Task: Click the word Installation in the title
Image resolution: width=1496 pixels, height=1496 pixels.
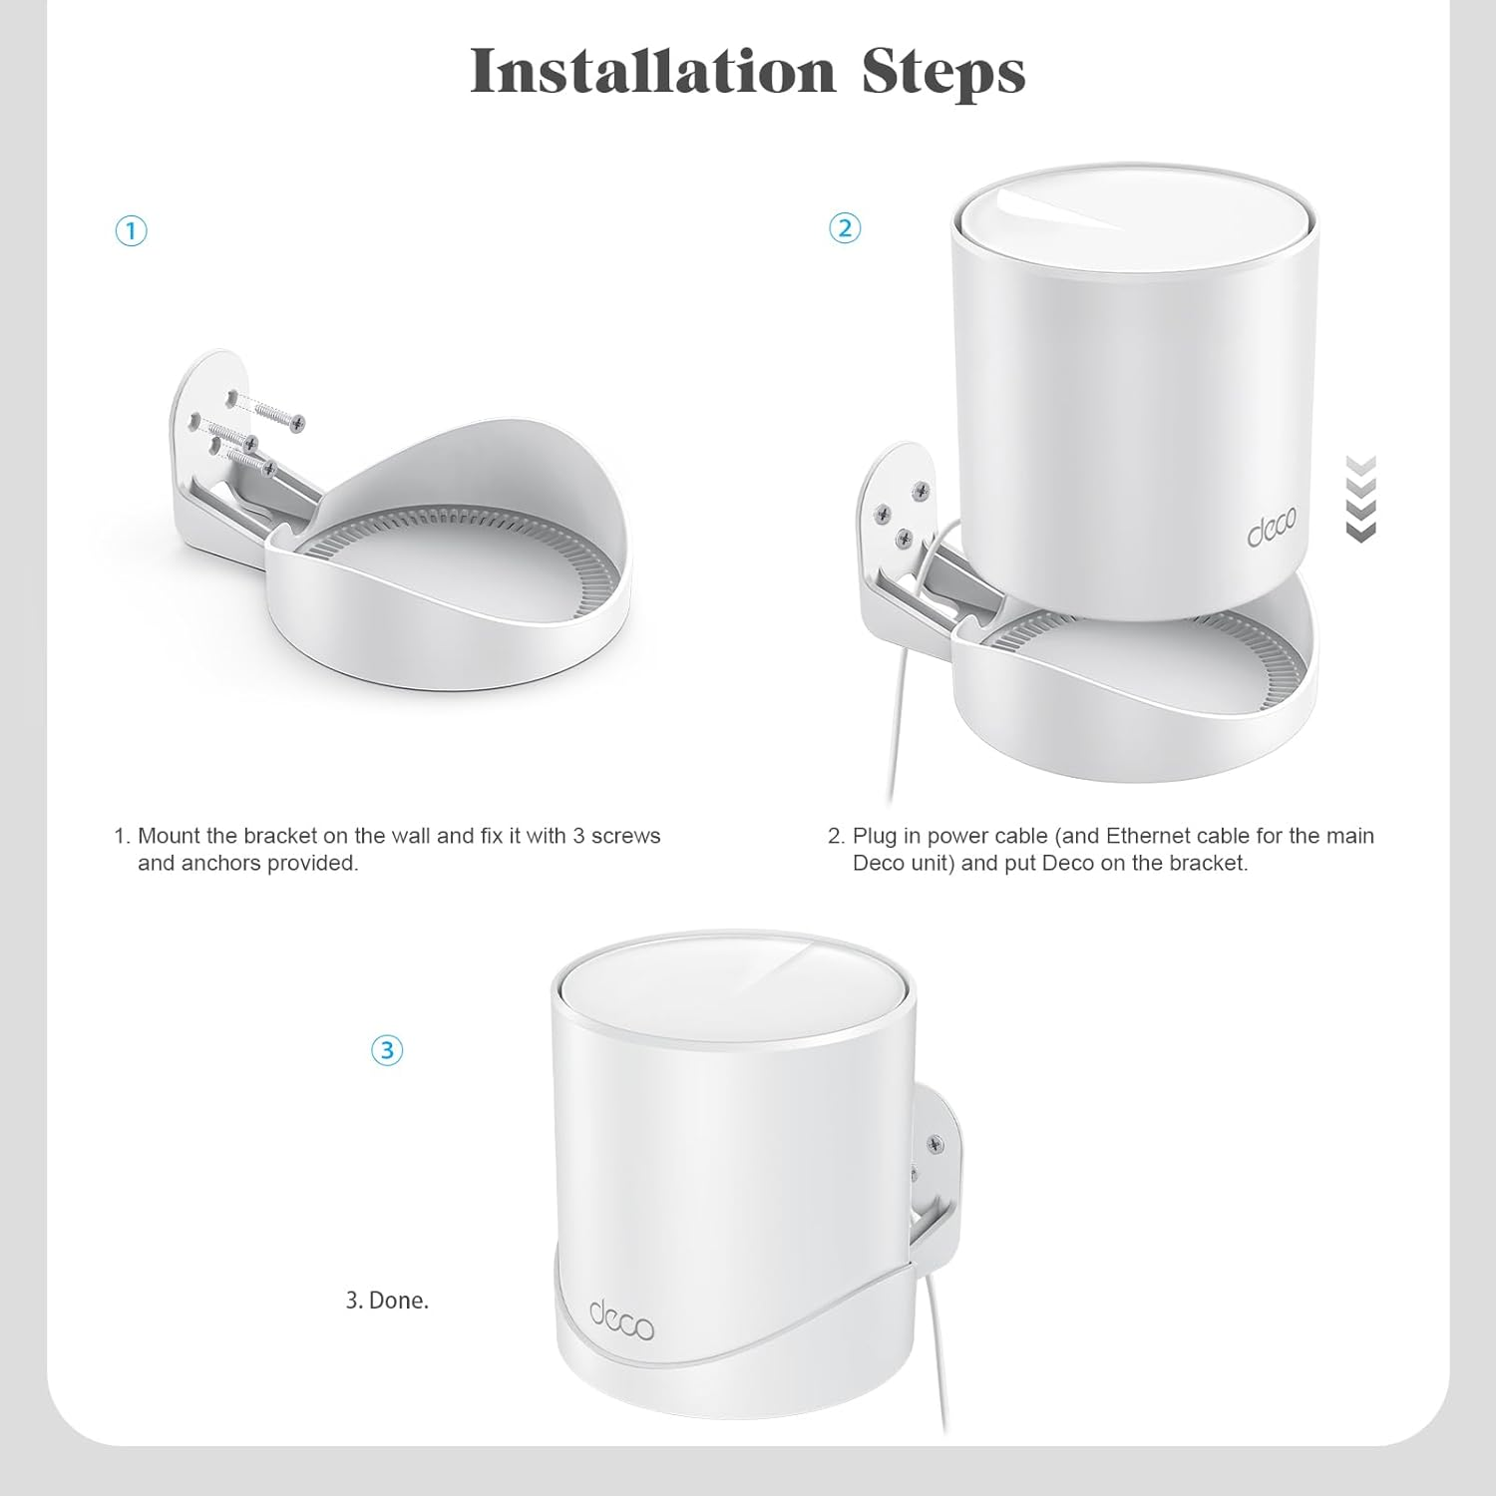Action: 652,71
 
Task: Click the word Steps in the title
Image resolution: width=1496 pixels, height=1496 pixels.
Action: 942,71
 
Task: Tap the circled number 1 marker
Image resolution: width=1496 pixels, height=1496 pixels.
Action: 131,231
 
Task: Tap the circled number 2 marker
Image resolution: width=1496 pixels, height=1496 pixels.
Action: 844,228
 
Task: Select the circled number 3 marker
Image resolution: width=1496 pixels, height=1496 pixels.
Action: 387,1050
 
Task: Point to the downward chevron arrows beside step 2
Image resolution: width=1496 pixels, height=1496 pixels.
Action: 1360,499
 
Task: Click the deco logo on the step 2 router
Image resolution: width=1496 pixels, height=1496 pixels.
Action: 1272,532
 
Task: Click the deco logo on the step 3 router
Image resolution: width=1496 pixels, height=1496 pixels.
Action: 620,1320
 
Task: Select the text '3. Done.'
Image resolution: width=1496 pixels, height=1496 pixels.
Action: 387,1301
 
